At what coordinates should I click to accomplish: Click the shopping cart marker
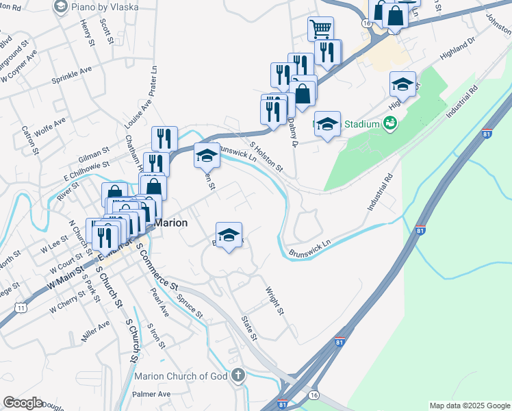coord(320,29)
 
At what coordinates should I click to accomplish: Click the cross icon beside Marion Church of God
coord(238,375)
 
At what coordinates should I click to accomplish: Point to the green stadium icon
coord(391,123)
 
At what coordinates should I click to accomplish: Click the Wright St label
coord(274,301)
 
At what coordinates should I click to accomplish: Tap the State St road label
coord(249,328)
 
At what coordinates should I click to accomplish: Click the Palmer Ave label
coord(151,394)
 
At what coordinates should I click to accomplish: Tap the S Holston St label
coord(266,157)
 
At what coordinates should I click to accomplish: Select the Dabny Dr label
coord(293,131)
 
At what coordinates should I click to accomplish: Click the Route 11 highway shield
coord(22,308)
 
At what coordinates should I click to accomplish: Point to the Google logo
coord(23,403)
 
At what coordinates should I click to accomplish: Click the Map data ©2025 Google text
coord(470,406)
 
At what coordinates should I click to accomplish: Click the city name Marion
coord(170,223)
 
